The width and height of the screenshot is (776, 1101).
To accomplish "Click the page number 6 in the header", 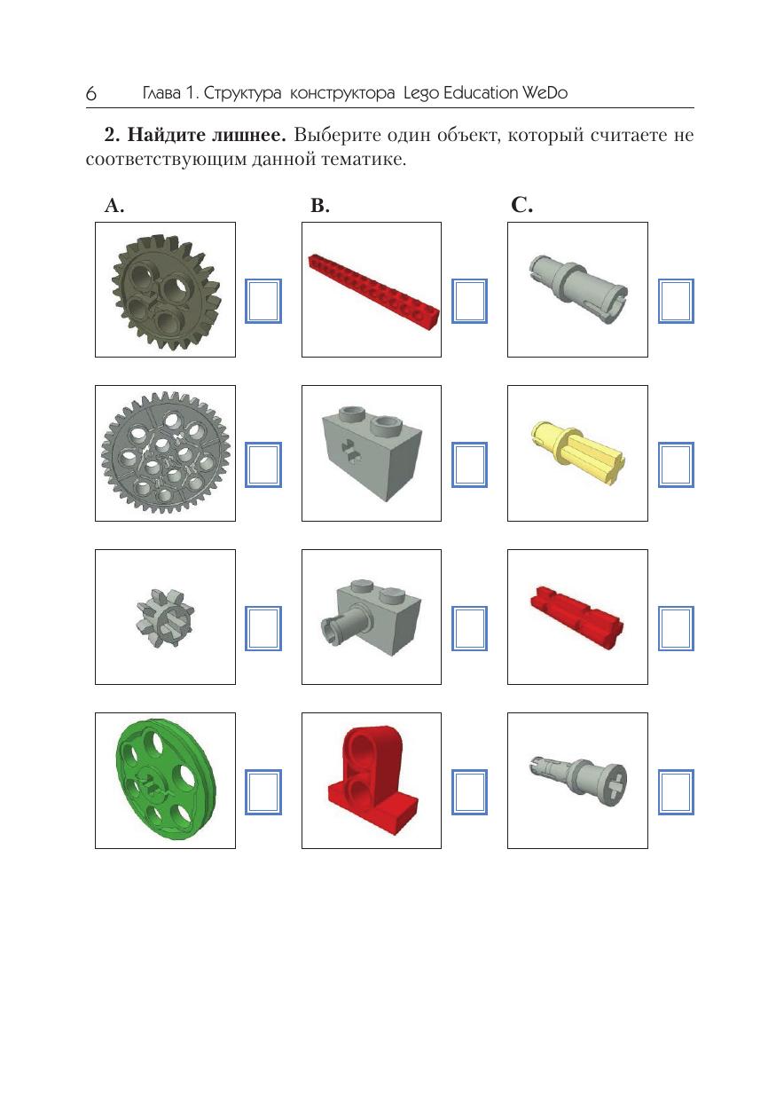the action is click(91, 93).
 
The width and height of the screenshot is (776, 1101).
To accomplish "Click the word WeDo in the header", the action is click(545, 92).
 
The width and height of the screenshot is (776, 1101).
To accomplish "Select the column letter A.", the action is click(114, 205).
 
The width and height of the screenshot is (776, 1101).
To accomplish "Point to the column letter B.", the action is click(320, 205).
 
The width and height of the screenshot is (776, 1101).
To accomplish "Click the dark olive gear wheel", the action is click(166, 292).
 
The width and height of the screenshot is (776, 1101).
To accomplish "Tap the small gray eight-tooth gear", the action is click(165, 617).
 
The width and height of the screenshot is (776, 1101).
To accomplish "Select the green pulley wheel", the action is click(166, 782).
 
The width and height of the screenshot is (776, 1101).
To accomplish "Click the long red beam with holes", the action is click(373, 291).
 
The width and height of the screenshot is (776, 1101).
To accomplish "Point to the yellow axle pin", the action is click(578, 452).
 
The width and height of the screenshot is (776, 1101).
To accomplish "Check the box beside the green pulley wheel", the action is click(263, 792).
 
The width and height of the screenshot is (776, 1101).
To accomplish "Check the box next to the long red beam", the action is click(469, 301).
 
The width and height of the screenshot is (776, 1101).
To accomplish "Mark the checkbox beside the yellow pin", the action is click(677, 465).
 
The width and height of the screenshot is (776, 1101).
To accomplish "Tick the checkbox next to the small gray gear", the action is click(263, 628).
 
